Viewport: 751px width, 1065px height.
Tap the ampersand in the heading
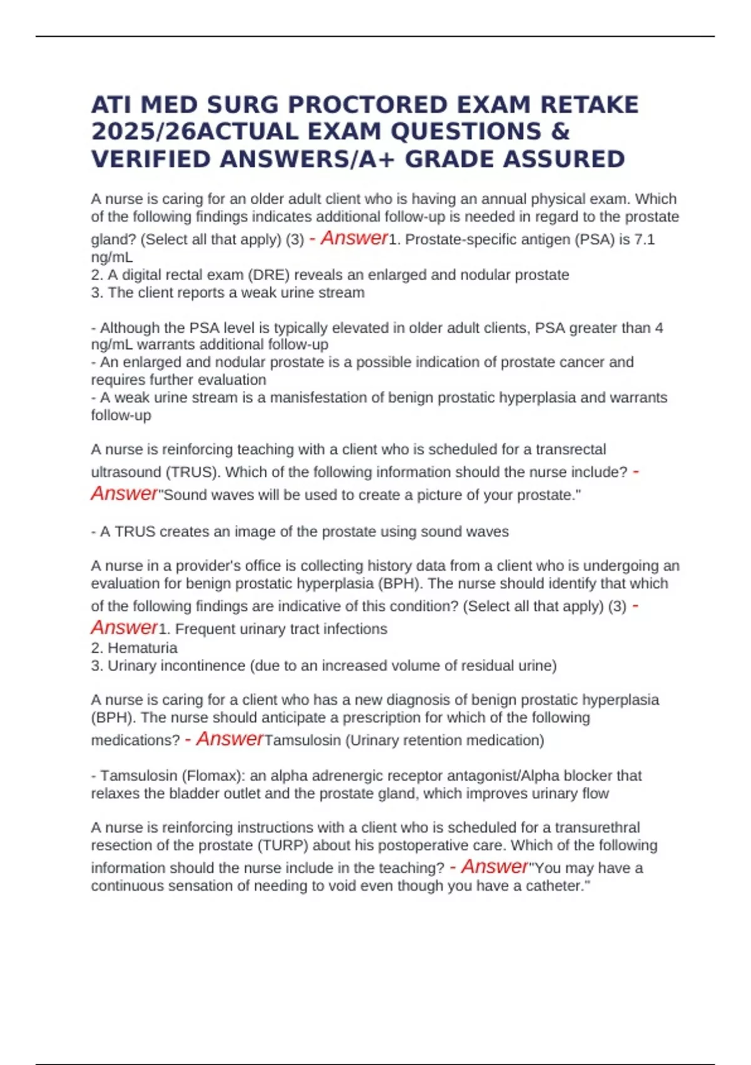point(561,132)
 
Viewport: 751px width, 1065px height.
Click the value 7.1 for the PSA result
point(644,239)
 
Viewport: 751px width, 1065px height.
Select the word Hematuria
point(142,648)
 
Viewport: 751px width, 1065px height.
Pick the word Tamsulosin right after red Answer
point(303,740)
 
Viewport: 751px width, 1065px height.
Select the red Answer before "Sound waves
point(124,494)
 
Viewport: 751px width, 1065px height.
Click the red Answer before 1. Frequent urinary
point(124,628)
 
